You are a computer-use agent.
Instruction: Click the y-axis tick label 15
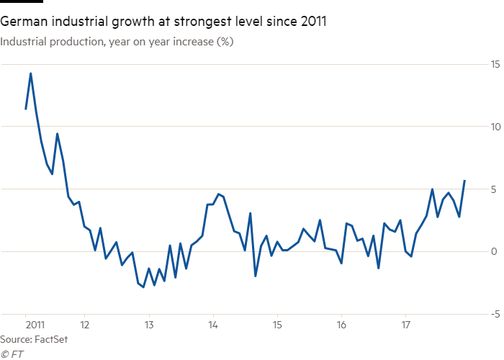point(495,64)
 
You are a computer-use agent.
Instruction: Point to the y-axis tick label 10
point(495,127)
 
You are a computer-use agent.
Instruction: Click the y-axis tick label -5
point(496,314)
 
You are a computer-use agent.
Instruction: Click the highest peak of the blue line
point(30,73)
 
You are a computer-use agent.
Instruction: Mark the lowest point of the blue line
point(143,287)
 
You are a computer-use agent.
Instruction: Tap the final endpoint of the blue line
point(464,180)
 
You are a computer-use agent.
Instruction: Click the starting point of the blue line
point(25,109)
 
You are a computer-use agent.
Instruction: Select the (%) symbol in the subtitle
point(225,42)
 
